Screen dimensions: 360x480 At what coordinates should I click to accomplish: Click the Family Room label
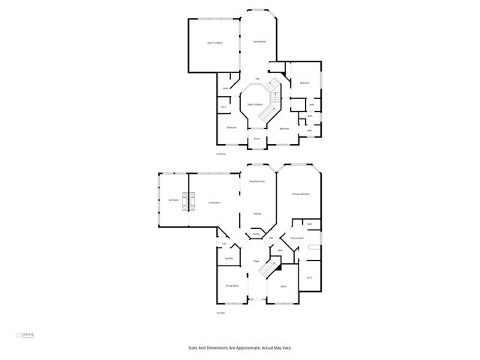(x=259, y=42)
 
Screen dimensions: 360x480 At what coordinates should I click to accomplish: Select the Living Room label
(x=214, y=202)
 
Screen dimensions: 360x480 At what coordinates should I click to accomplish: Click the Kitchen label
(x=256, y=214)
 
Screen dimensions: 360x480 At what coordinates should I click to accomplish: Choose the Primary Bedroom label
(x=301, y=194)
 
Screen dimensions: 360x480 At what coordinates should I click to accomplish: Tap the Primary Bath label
(x=297, y=238)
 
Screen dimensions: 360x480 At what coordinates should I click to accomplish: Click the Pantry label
(x=256, y=235)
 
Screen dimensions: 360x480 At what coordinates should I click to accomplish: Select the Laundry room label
(x=229, y=258)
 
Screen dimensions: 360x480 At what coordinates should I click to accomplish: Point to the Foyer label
(x=256, y=261)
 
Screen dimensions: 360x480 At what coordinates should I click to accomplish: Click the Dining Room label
(x=232, y=286)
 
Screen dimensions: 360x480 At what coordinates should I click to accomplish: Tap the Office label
(x=283, y=286)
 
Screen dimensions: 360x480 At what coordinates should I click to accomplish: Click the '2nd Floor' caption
(x=220, y=153)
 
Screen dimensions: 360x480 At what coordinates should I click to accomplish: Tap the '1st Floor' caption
(x=221, y=313)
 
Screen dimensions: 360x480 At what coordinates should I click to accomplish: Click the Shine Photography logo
(x=25, y=336)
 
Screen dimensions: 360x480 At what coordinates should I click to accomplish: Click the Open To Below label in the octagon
(x=255, y=104)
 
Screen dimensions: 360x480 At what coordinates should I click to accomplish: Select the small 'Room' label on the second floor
(x=256, y=139)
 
